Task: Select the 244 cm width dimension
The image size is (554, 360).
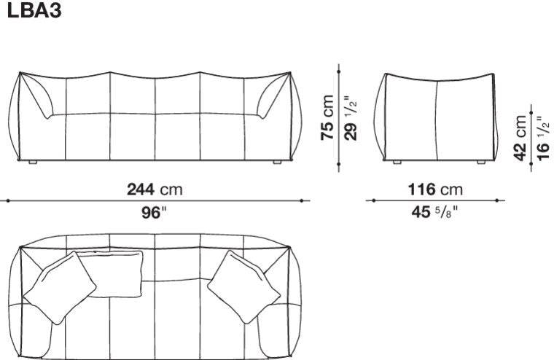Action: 155,190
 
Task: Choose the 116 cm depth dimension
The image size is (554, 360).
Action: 435,190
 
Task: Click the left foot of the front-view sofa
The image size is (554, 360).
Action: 33,163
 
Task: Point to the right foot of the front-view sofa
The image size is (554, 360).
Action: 276,163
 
